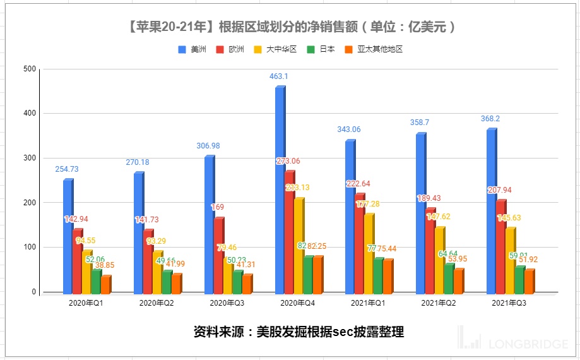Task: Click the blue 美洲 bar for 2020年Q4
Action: (x=279, y=189)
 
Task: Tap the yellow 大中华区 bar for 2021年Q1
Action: (x=369, y=253)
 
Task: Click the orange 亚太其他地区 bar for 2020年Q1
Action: (x=105, y=285)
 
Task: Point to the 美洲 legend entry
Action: (x=192, y=49)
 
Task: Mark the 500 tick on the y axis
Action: (x=29, y=69)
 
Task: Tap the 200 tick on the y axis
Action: (x=29, y=203)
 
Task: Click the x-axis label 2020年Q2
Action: (x=157, y=303)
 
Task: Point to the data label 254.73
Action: (x=67, y=169)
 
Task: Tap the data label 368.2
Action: (x=491, y=119)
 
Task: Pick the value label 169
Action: (x=217, y=207)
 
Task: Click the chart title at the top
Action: (x=290, y=27)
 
